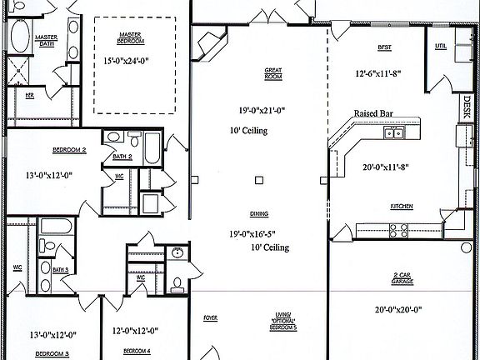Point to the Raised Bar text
coord(373,112)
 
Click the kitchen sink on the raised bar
coord(393,132)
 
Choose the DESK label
coord(467,106)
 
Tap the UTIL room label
coord(442,45)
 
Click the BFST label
coord(384,47)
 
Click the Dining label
coord(259,213)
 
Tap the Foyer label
coord(210,317)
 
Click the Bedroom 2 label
coord(47,150)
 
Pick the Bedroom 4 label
coord(137,352)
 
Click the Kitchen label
coord(402,206)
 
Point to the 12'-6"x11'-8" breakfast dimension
coord(378,74)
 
